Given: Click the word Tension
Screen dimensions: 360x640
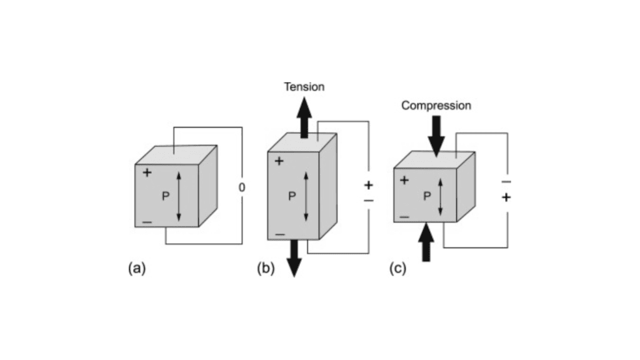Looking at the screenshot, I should [x=304, y=87].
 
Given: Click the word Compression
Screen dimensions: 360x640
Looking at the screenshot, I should [x=436, y=106].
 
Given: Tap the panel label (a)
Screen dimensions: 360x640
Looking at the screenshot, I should [x=136, y=269].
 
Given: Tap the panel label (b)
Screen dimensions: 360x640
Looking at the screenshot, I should [x=266, y=269].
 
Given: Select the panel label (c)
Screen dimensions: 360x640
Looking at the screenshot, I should [x=397, y=269].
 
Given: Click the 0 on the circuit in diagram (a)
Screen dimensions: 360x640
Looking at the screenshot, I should [x=242, y=187].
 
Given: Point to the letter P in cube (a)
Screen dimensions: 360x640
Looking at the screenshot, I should [x=165, y=196].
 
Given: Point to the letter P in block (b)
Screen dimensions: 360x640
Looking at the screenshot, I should [x=292, y=196].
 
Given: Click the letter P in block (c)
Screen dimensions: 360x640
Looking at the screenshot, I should [x=427, y=196].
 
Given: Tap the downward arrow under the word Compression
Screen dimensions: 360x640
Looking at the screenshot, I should [x=436, y=136].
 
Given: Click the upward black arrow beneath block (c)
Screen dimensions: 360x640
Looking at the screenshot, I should [x=427, y=242].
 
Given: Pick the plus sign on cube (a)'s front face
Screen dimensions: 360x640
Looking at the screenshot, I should [x=147, y=172].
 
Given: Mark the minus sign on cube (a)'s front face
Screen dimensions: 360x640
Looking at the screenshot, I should [x=147, y=222].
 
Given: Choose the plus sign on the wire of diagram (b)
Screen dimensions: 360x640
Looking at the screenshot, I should [x=368, y=186].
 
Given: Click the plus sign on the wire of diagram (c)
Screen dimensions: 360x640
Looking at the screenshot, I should [x=506, y=197].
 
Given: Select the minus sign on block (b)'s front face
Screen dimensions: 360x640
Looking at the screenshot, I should [x=279, y=234].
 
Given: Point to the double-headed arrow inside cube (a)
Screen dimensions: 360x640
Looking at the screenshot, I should [x=179, y=197].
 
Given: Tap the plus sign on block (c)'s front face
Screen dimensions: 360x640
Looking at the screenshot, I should [x=404, y=181].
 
